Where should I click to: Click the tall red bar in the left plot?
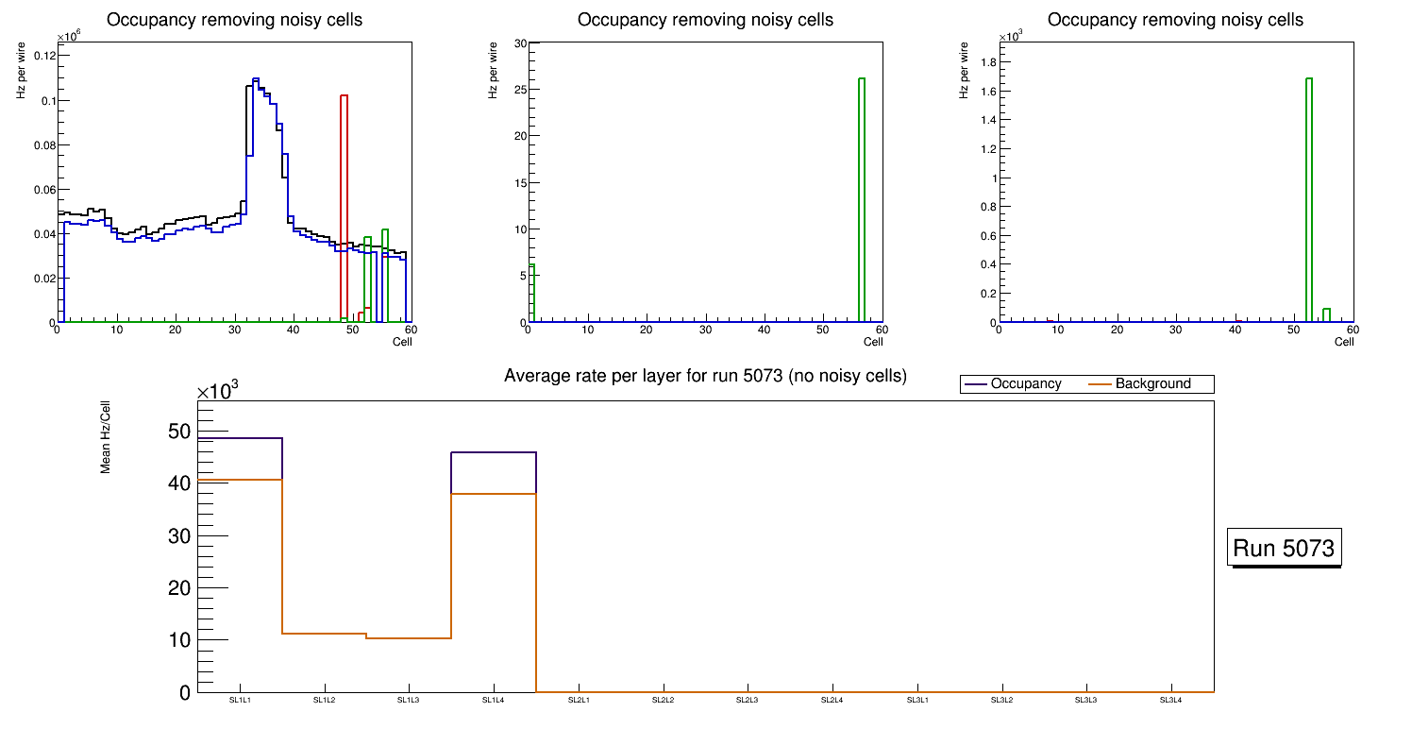coord(345,208)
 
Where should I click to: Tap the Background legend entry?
coord(1152,384)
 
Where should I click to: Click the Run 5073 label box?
coord(1284,548)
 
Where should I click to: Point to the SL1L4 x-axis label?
coord(493,700)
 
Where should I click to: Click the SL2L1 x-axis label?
coord(578,700)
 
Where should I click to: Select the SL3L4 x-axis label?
coord(1170,700)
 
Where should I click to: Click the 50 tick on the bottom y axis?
coord(178,432)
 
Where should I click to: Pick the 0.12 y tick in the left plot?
coord(43,55)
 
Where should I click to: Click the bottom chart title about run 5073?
coord(705,376)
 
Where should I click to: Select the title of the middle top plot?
coord(705,19)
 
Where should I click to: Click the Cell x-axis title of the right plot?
coord(1344,342)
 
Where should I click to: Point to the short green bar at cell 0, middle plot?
coord(532,294)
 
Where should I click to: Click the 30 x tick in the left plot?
coord(234,330)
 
